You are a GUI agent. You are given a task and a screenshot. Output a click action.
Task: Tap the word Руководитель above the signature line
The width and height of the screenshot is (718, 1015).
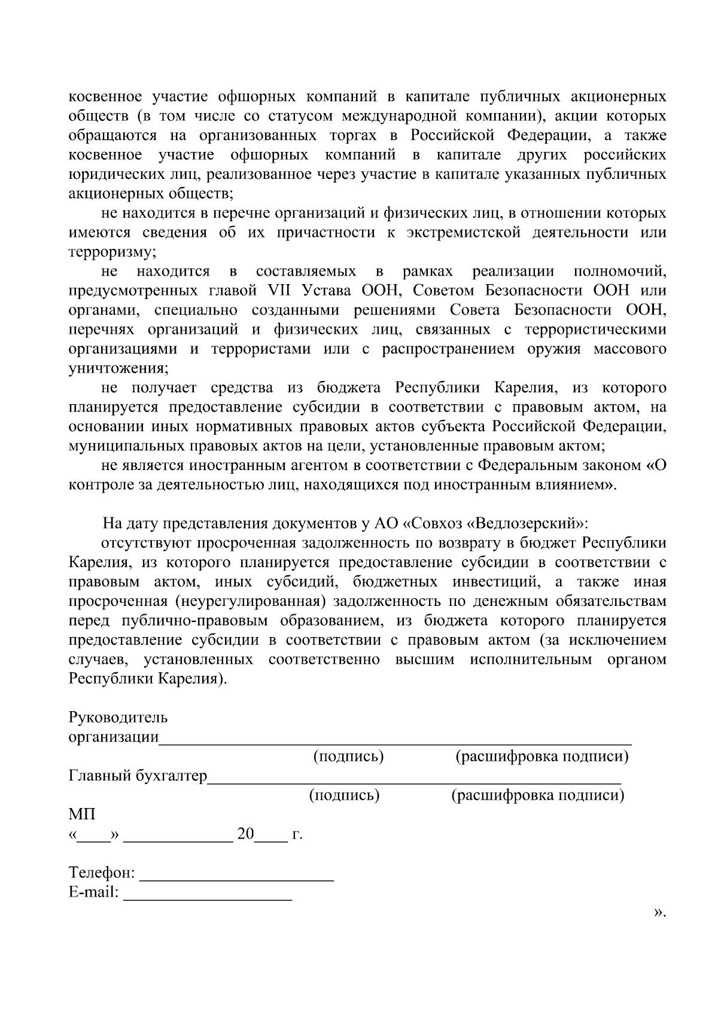click(118, 717)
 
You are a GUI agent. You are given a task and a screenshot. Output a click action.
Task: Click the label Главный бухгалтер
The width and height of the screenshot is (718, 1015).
click(138, 776)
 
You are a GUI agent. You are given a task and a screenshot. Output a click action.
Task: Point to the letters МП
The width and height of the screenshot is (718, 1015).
click(81, 814)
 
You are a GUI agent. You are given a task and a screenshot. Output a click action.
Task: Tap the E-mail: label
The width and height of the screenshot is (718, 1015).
click(94, 893)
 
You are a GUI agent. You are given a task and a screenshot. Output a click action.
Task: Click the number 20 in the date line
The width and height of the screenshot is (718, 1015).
click(246, 834)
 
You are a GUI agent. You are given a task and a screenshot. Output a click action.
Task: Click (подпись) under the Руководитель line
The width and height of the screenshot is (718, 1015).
click(348, 757)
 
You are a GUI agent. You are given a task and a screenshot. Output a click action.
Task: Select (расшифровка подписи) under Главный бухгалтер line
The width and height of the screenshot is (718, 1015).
click(537, 795)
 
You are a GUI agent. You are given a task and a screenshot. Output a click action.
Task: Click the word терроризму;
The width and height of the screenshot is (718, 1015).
click(112, 252)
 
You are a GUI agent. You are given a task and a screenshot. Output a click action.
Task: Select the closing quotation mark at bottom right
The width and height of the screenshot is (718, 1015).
click(659, 913)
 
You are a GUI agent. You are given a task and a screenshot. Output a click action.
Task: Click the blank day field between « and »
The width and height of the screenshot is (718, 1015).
click(94, 835)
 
